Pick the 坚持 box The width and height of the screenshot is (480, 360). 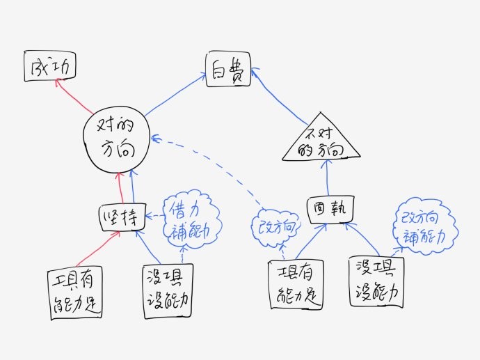(x=121, y=216)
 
